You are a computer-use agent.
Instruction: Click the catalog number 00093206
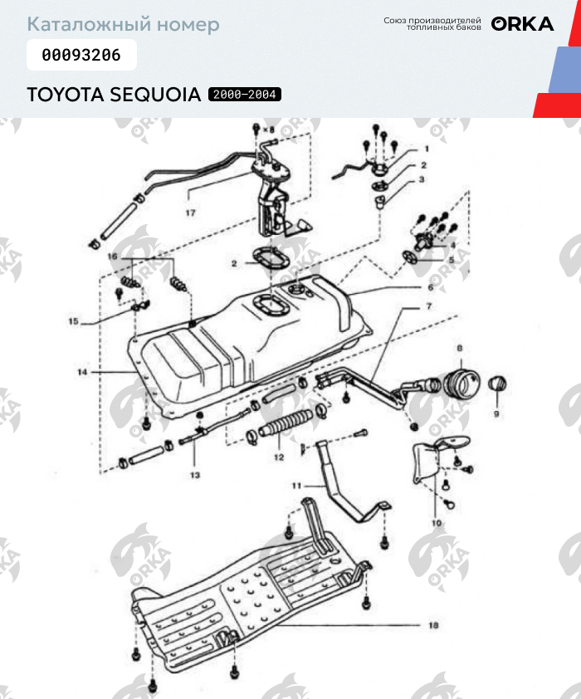[81, 56]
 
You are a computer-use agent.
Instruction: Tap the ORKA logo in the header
[522, 23]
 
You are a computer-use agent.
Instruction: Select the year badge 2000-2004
[245, 95]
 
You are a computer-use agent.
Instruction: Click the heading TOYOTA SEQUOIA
[114, 95]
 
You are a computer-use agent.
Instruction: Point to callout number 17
[190, 213]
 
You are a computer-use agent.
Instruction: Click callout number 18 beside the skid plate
[433, 625]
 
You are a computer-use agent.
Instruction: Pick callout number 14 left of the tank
[82, 373]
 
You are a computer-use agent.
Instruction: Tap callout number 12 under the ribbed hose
[279, 457]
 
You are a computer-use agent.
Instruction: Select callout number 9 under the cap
[496, 413]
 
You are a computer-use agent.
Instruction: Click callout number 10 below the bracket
[437, 523]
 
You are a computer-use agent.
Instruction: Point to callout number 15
[73, 321]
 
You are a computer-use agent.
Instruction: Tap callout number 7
[429, 306]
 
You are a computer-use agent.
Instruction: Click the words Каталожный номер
[123, 24]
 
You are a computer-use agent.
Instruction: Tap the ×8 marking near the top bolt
[267, 130]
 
